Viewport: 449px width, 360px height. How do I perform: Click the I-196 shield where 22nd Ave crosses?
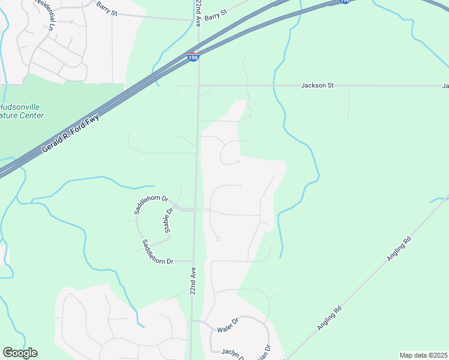click(x=193, y=57)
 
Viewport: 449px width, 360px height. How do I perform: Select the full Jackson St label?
click(x=317, y=86)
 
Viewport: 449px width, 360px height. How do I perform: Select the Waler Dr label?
click(x=228, y=328)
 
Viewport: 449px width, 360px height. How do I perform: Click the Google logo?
click(x=20, y=353)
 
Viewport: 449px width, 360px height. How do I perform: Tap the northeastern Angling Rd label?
click(x=399, y=248)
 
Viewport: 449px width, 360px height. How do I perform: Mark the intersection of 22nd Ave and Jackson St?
click(x=199, y=85)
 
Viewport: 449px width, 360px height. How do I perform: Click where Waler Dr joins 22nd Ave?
click(x=191, y=322)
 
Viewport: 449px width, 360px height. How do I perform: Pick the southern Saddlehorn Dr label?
click(x=157, y=253)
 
